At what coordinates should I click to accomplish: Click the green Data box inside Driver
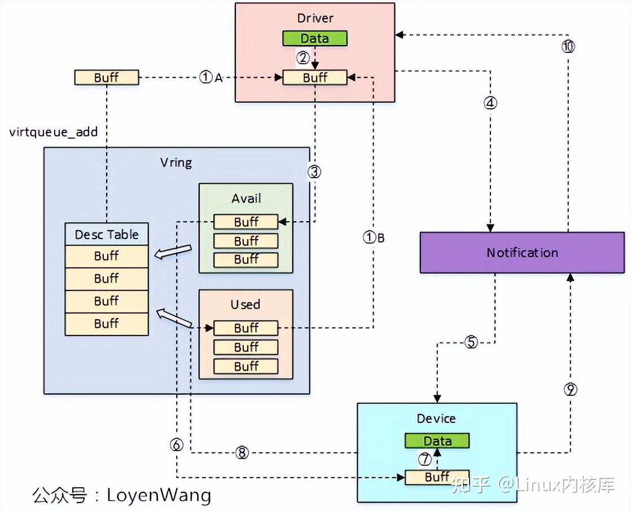click(x=314, y=38)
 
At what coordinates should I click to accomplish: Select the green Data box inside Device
click(x=437, y=440)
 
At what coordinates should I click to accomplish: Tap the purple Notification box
click(x=522, y=253)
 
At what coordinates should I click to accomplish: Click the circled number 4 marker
click(x=490, y=103)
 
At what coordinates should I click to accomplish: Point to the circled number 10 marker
click(x=568, y=47)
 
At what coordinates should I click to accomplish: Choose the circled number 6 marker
click(x=177, y=445)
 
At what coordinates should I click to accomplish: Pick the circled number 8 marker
click(x=242, y=453)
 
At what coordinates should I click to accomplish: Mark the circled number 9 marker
click(x=570, y=389)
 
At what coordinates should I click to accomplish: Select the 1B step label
click(x=373, y=238)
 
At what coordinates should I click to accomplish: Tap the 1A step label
click(x=211, y=78)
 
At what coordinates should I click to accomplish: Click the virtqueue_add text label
click(x=54, y=133)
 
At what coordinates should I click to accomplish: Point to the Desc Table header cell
click(x=107, y=235)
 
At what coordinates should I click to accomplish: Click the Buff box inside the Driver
click(x=314, y=78)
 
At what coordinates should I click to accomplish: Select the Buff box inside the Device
click(x=437, y=477)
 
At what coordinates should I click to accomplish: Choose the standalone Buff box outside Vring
click(x=106, y=78)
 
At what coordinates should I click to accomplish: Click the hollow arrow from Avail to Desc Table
click(x=173, y=252)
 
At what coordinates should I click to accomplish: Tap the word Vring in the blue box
click(x=176, y=163)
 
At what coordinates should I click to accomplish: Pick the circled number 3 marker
click(x=314, y=172)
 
